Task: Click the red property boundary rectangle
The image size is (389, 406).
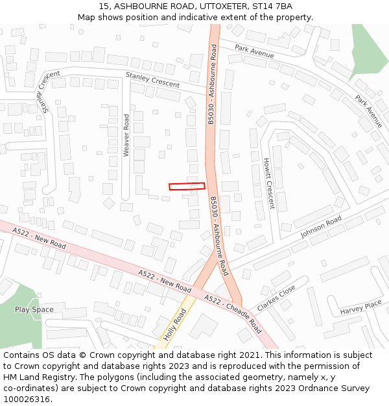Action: point(187,186)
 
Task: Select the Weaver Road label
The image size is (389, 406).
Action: point(127,135)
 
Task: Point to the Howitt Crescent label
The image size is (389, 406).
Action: point(268,183)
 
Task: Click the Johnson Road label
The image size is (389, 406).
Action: point(320,227)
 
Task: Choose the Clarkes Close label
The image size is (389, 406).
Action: point(276,298)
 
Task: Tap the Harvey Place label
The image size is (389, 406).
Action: point(361,307)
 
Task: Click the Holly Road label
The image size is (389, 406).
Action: point(174,325)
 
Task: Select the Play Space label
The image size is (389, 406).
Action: point(34,310)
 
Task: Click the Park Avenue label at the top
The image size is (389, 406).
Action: point(254,52)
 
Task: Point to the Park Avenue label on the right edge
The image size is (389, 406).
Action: point(368,111)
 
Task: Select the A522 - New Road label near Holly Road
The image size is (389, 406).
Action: point(165,281)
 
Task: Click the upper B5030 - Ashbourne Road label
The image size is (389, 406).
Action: point(211,84)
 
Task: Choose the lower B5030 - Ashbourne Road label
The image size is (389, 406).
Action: point(219,235)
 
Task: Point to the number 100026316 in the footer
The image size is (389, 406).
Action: point(27,400)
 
